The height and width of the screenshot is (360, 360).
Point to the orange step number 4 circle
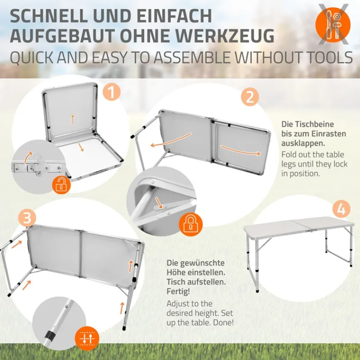(x=342, y=210)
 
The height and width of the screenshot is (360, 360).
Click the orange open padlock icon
(x=60, y=184)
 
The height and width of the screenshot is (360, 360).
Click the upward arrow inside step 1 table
(x=72, y=119)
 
